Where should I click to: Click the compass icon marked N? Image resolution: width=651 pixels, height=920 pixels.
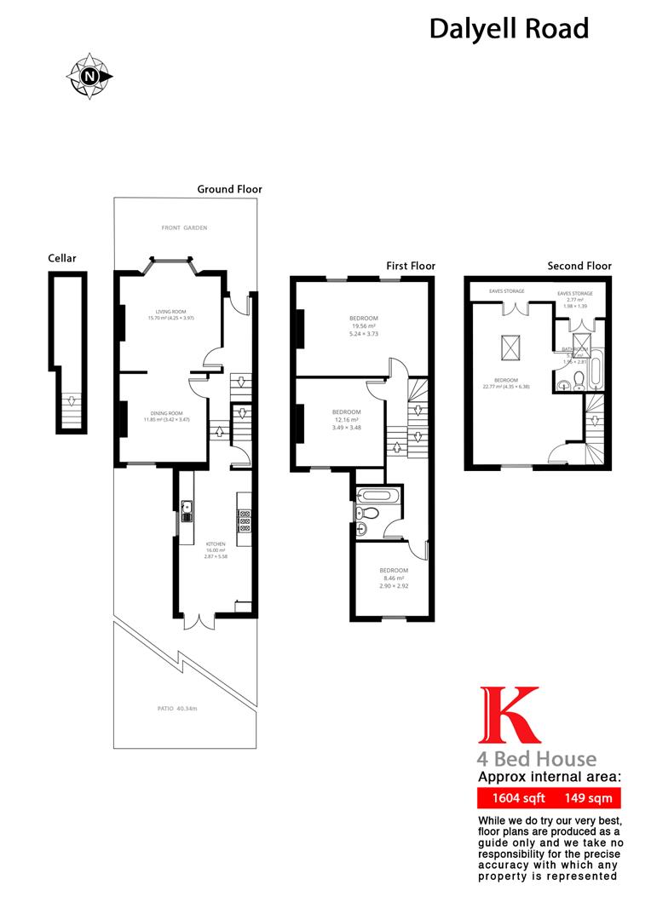click(x=89, y=76)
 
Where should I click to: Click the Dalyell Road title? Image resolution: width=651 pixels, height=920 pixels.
click(x=509, y=29)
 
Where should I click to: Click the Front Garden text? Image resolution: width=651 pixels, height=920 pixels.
click(x=185, y=228)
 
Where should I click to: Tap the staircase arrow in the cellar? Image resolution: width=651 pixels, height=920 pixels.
click(x=73, y=400)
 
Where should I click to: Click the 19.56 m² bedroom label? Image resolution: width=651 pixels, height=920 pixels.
click(x=364, y=325)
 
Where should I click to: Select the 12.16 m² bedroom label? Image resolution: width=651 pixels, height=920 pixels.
click(x=346, y=419)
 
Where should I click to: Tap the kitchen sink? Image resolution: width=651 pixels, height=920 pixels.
click(x=187, y=509)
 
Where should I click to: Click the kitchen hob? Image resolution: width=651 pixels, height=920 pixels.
click(x=244, y=520)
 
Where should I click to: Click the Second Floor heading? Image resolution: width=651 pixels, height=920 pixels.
click(x=579, y=266)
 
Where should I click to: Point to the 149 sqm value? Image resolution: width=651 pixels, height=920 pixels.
click(x=584, y=799)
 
